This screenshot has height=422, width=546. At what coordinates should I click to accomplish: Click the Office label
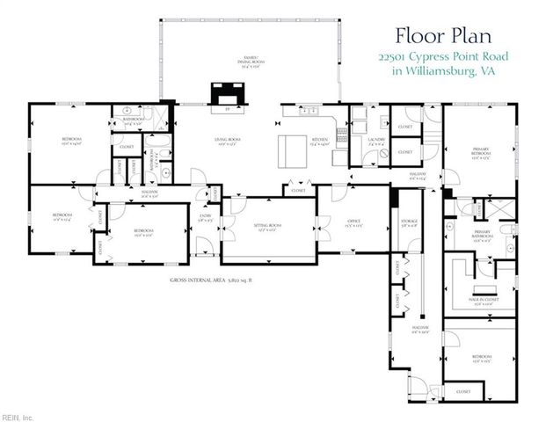pos(354,222)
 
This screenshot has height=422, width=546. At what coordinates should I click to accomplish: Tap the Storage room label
pos(409,222)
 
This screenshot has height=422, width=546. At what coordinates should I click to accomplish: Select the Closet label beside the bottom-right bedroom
pos(462,390)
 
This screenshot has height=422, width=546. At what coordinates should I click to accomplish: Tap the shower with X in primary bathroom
pos(461,211)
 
